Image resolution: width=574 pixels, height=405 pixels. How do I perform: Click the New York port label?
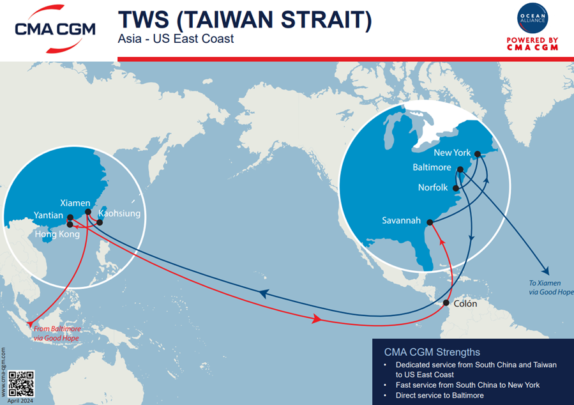pos(451,153)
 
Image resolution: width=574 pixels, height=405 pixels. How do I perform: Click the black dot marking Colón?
pos(446,303)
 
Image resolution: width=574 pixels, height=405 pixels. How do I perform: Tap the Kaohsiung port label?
pos(119,213)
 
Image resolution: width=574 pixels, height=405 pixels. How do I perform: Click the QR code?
pos(22,383)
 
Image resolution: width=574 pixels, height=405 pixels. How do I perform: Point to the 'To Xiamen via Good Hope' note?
pos(551,287)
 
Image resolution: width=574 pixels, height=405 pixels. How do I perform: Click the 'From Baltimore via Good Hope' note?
pos(56,333)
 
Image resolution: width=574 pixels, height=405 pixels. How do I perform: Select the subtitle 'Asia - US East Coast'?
pos(176,39)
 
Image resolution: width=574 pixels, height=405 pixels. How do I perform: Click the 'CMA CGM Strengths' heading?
pos(432,352)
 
